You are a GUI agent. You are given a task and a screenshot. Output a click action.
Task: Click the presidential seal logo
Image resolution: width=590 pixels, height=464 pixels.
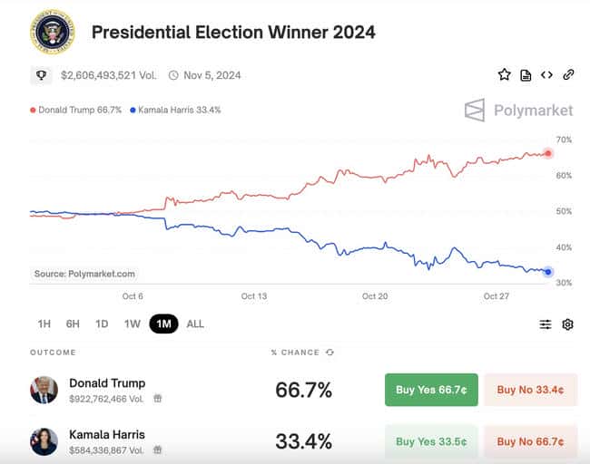point(53,33)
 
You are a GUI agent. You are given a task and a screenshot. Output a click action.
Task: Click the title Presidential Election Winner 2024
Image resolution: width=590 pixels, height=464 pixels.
point(233,33)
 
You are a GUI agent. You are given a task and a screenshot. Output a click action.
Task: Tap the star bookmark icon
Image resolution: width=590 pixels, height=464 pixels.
point(504,75)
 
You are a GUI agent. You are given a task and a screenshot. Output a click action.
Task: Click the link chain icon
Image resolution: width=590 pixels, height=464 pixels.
point(568,75)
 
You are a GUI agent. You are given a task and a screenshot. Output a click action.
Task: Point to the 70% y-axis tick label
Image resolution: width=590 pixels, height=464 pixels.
point(564,140)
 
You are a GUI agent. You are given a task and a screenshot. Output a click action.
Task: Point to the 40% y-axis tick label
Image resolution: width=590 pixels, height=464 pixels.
point(564,247)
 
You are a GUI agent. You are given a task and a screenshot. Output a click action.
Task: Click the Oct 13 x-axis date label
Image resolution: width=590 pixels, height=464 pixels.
point(254,296)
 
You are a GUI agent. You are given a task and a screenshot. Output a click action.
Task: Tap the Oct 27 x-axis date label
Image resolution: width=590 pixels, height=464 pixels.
point(497,296)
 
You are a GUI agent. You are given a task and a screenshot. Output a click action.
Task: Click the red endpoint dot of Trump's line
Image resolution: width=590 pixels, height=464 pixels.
point(548,153)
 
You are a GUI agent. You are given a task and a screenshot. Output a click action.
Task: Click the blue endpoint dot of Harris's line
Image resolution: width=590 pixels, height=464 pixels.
point(548,272)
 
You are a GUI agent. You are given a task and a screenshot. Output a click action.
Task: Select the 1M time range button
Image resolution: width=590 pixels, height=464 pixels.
point(163,324)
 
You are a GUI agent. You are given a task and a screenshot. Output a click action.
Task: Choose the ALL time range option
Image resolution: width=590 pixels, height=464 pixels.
point(195,324)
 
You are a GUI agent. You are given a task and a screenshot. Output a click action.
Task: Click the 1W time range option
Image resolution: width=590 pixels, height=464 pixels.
point(133,324)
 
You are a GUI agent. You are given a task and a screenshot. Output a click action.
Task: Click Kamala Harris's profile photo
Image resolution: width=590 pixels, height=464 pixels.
point(44,441)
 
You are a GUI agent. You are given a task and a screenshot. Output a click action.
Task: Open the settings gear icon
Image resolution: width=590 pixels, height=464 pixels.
point(568,324)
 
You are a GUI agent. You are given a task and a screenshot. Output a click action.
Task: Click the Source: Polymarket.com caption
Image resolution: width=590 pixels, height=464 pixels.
point(84,274)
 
